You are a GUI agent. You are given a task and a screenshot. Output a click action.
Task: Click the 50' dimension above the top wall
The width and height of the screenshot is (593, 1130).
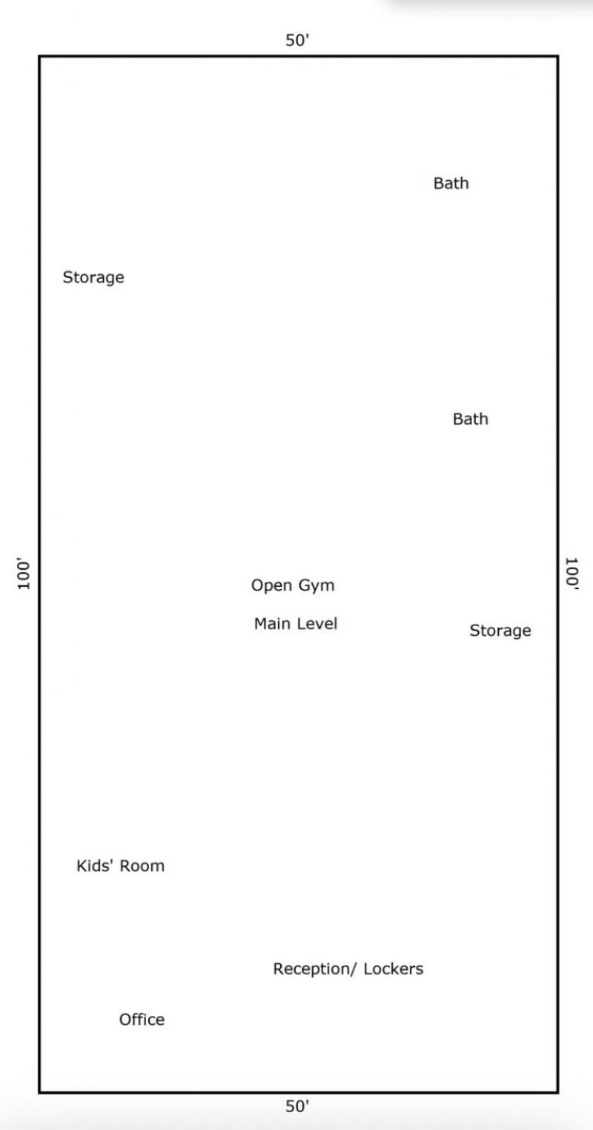pos(297,40)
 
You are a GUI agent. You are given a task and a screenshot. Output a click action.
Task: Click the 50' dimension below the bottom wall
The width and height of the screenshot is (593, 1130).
pos(297,1106)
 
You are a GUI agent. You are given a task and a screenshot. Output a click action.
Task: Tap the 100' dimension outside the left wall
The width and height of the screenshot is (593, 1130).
pos(24,574)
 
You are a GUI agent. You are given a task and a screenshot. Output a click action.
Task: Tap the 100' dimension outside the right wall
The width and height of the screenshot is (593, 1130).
pos(572,573)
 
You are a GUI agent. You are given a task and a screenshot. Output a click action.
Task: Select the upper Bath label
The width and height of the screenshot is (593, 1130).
pos(451,183)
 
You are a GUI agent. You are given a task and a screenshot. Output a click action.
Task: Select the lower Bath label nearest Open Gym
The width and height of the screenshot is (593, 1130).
pos(471,419)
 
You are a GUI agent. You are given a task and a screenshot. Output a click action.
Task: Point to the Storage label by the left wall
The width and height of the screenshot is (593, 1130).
pos(93,277)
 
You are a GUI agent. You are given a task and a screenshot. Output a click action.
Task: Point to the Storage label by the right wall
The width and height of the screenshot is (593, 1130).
pos(500,631)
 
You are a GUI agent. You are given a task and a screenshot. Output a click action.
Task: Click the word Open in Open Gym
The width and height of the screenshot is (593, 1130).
pos(271,585)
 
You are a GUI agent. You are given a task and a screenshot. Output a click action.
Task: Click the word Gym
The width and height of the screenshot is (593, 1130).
pos(317,585)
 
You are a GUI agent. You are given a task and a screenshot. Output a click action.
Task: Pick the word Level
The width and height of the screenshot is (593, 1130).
pos(317,623)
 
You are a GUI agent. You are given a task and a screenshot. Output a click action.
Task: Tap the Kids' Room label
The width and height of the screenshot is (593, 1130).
pos(121,865)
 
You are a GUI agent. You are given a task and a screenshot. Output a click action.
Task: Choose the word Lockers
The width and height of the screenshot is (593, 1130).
pos(394,968)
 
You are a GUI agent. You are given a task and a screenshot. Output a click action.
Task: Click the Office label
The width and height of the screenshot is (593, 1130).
pos(142,1020)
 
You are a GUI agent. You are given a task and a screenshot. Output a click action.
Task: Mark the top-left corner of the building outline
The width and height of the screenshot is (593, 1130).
pos(39,56)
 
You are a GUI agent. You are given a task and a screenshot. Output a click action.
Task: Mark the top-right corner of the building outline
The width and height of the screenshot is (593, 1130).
pos(558,56)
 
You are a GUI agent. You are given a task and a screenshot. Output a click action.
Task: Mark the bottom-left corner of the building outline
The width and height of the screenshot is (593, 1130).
pos(39,1093)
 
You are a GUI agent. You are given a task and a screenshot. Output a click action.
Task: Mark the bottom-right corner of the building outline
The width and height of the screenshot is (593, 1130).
pos(558,1093)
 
